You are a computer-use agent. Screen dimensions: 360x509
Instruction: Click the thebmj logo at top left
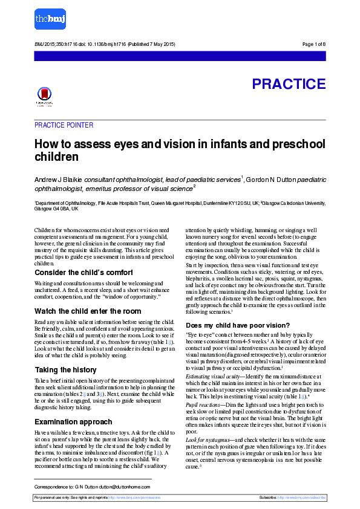[49, 19]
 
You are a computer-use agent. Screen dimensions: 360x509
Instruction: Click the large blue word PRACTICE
[289, 84]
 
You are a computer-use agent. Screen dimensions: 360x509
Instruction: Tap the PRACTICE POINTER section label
[64, 125]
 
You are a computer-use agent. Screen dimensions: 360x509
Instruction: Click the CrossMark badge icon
[44, 96]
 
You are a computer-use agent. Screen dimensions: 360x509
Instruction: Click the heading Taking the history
[65, 370]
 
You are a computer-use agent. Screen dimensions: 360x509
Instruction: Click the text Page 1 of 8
[313, 45]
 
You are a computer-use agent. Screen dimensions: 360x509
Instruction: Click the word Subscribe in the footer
[268, 497]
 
